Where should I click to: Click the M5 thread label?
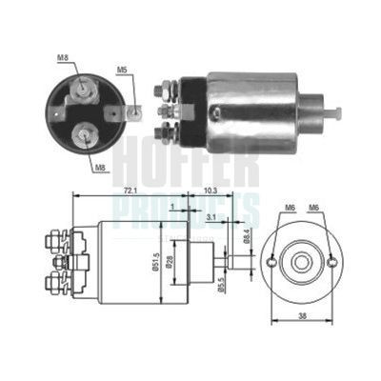(122, 70)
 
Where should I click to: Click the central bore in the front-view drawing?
(304, 261)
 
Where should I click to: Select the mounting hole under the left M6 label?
(274, 261)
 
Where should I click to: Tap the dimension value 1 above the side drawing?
(169, 206)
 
